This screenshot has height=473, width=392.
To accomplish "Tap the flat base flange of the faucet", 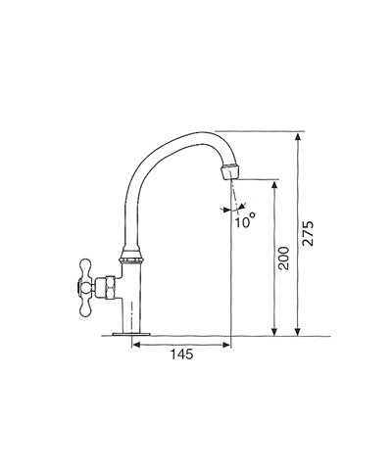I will (130, 337).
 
